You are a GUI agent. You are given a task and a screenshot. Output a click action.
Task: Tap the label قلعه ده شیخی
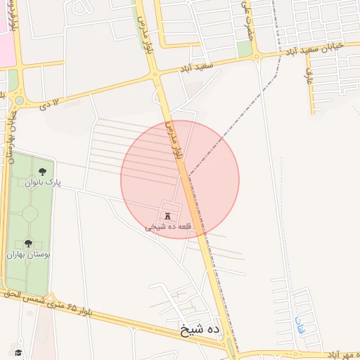(163, 227)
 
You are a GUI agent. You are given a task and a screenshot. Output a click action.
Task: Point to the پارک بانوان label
(44, 183)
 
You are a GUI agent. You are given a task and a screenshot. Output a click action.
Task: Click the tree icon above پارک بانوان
(44, 171)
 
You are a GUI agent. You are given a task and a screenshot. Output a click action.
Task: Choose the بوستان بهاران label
(28, 255)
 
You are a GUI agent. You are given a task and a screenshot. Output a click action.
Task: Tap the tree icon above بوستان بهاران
(28, 243)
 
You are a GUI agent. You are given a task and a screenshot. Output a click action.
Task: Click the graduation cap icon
(18, 352)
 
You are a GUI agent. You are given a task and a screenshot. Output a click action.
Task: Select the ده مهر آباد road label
(337, 354)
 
